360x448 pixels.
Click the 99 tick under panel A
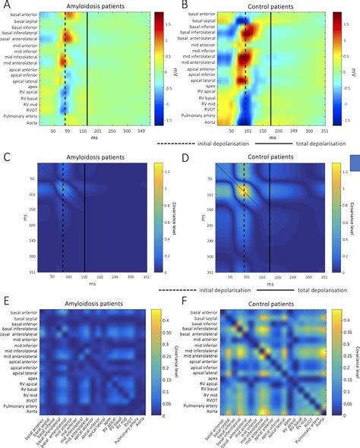[x=67, y=131]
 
